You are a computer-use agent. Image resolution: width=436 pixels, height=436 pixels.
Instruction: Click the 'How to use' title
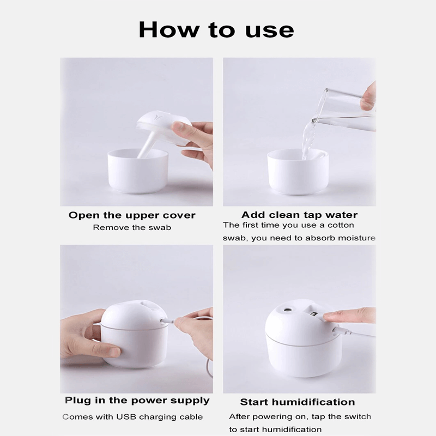[216, 30]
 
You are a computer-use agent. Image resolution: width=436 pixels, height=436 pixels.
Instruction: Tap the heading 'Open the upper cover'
[132, 215]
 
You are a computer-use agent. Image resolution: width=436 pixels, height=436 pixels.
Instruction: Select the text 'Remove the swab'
[132, 227]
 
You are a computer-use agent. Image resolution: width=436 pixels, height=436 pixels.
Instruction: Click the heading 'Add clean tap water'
[299, 215]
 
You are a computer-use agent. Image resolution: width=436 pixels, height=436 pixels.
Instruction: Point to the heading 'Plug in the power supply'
[137, 401]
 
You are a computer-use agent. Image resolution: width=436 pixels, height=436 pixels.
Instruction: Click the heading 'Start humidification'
[298, 402]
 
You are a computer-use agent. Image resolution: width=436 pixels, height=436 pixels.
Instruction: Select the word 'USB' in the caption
[126, 417]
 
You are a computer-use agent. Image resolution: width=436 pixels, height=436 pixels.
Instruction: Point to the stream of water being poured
[308, 139]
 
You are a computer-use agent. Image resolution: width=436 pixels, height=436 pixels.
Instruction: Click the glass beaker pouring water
[345, 108]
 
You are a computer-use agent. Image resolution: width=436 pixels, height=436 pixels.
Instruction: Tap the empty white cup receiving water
[298, 172]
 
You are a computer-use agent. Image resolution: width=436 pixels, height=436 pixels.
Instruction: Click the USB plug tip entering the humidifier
[165, 320]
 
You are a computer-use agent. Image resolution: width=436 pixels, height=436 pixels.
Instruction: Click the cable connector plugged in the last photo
[341, 331]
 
